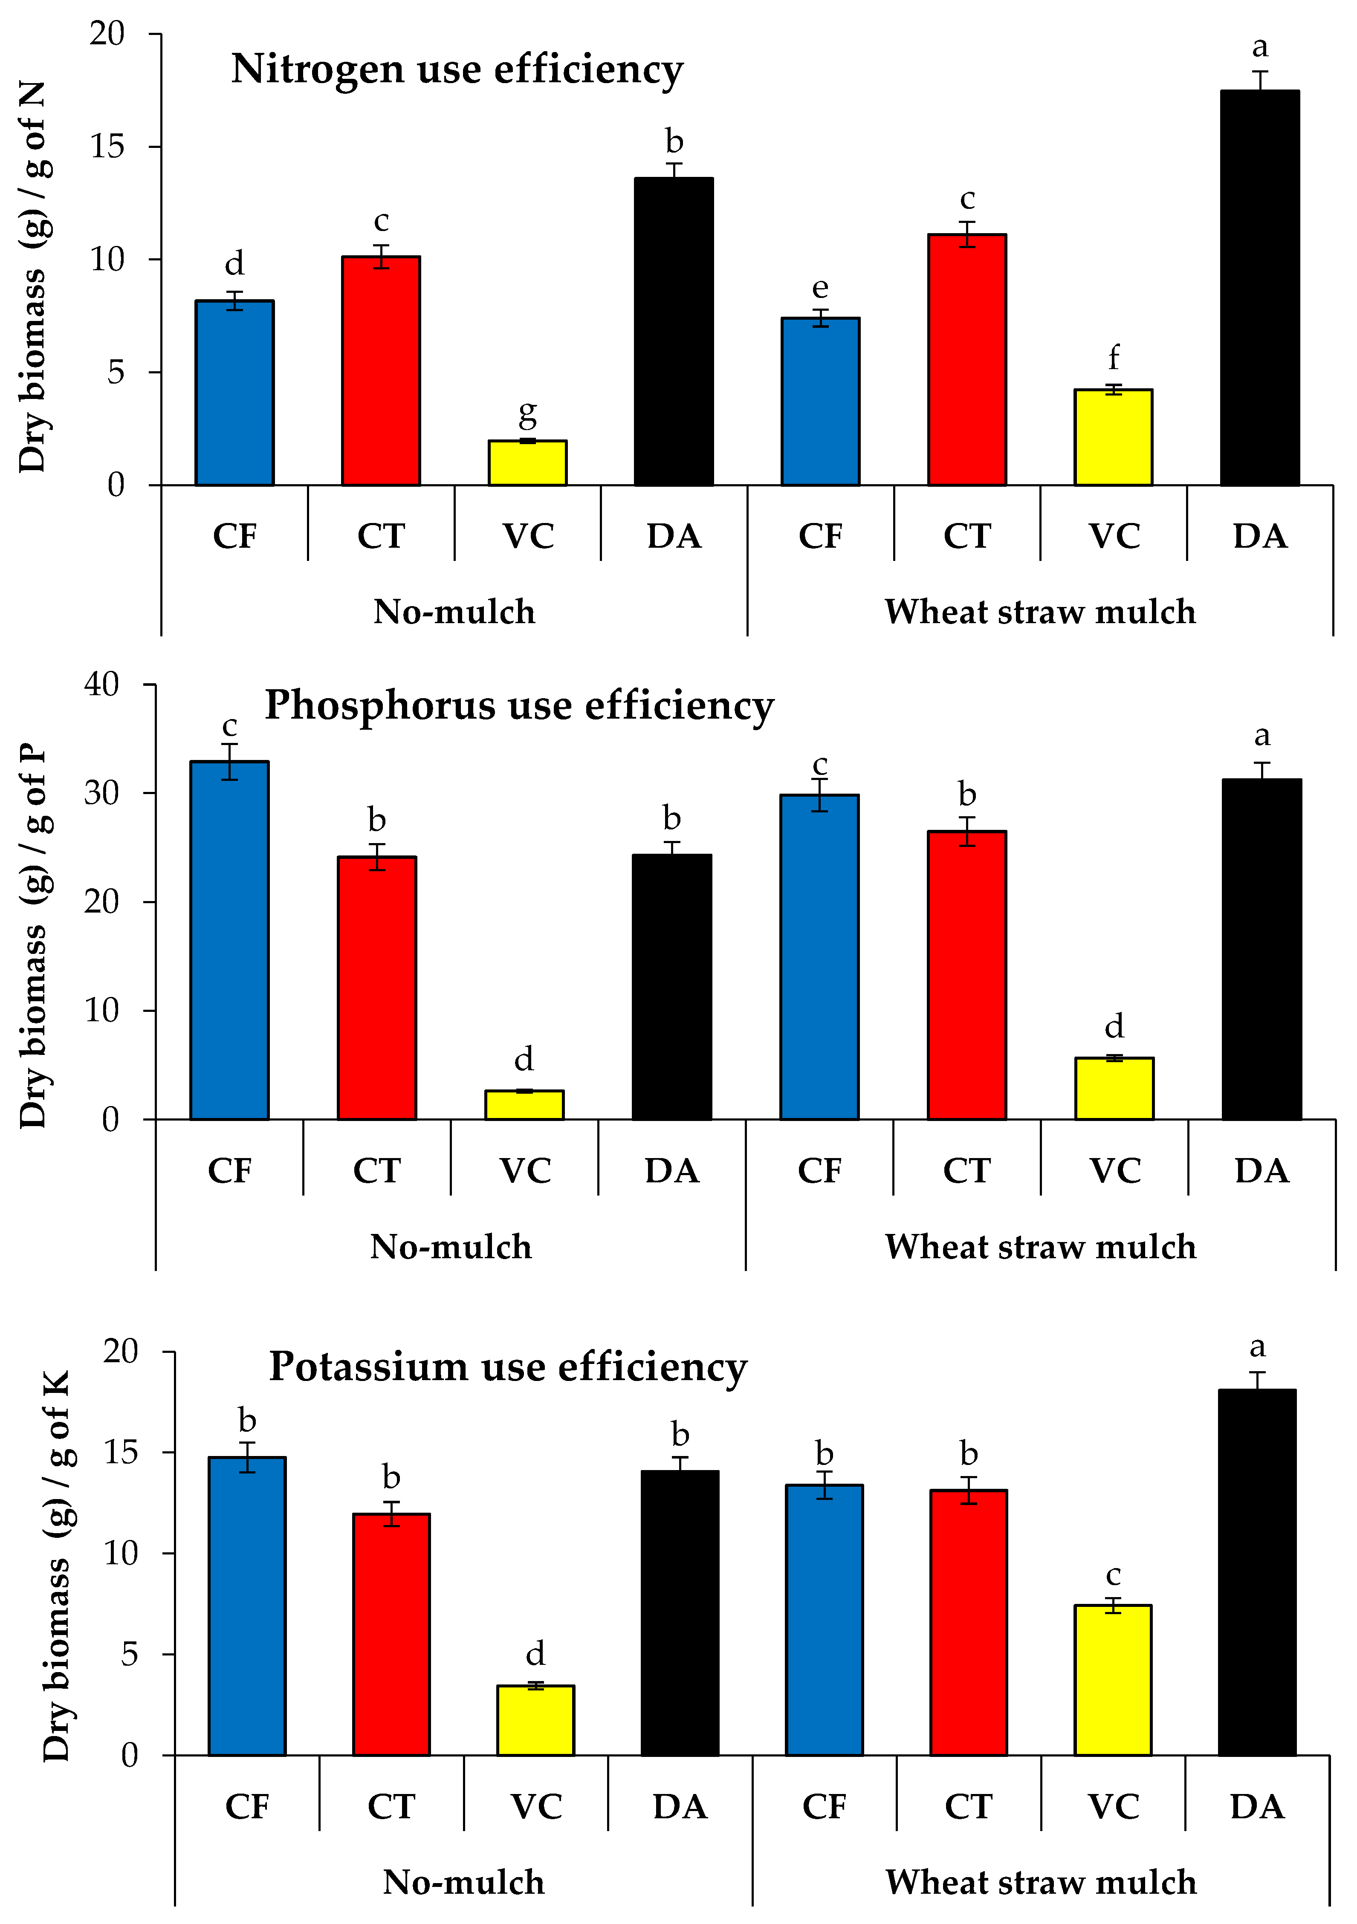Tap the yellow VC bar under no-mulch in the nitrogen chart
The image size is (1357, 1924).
pyautogui.click(x=527, y=462)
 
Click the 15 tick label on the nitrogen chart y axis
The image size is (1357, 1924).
pyautogui.click(x=107, y=147)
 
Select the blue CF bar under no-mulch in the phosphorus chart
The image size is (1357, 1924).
pyautogui.click(x=230, y=940)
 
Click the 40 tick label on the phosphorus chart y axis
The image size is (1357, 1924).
pyautogui.click(x=101, y=685)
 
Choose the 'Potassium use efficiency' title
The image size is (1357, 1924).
pyautogui.click(x=508, y=1368)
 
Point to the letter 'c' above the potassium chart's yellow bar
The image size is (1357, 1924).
pyautogui.click(x=1113, y=1575)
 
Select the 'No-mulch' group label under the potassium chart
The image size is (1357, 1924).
pyautogui.click(x=463, y=1882)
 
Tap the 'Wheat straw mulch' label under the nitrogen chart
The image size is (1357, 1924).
pyautogui.click(x=1040, y=612)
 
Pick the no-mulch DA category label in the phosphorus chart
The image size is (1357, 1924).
pyautogui.click(x=671, y=1171)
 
